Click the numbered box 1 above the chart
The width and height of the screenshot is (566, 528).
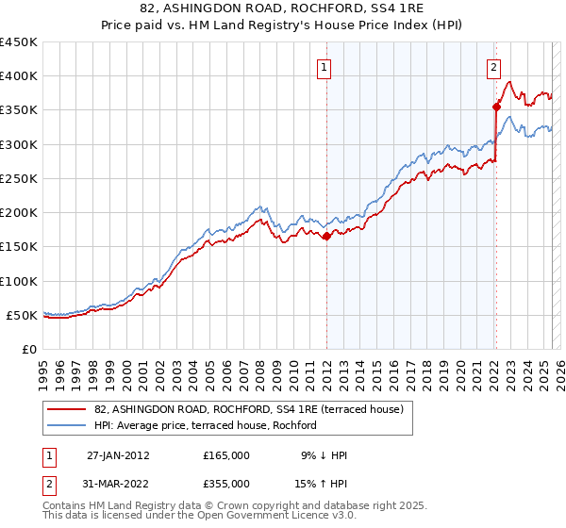324,67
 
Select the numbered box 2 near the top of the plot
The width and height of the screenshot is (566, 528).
493,67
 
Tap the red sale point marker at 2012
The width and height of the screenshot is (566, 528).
326,237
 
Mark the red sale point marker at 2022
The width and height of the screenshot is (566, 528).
496,107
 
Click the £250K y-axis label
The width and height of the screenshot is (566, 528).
19,178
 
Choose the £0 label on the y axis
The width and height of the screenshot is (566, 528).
27,349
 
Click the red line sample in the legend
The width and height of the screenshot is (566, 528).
68,409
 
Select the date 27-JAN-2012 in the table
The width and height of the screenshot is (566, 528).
118,455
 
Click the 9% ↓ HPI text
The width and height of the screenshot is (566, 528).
324,455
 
